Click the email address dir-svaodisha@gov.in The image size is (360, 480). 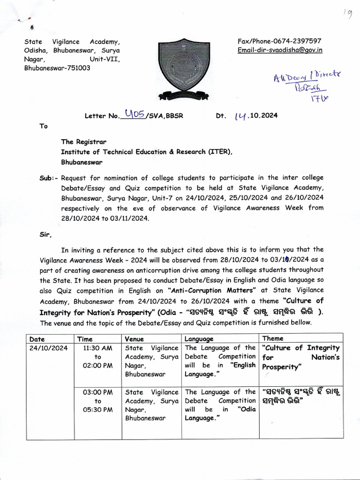click(280, 50)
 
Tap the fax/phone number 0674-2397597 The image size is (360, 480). click(280, 41)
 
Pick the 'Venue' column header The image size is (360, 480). click(135, 338)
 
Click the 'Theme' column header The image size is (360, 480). click(273, 338)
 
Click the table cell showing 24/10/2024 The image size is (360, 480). click(48, 348)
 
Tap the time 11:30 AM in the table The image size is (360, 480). click(97, 348)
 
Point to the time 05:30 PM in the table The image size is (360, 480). click(97, 409)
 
